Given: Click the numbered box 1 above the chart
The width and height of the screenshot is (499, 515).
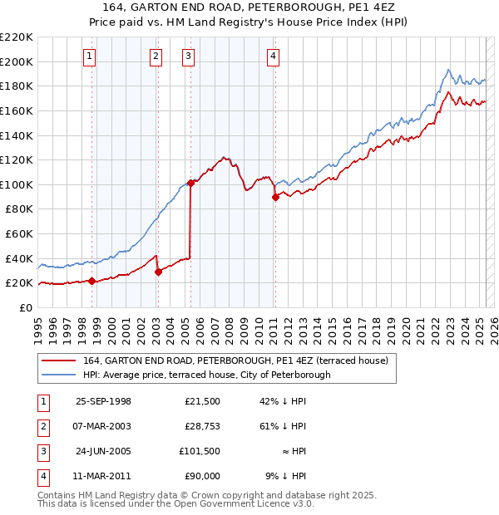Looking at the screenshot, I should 89,56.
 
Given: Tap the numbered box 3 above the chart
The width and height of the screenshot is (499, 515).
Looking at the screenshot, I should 189,56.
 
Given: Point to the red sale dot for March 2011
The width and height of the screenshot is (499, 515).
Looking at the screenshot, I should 274,197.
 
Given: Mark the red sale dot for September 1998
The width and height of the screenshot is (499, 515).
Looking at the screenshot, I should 91,281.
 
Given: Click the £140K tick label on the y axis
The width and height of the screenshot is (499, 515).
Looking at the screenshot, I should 17,135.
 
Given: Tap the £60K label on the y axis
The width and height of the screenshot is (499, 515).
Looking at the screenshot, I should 19,233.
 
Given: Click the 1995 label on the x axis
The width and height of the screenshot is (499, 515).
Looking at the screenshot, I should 37,325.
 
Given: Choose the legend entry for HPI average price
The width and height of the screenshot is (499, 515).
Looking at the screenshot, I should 206,375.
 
